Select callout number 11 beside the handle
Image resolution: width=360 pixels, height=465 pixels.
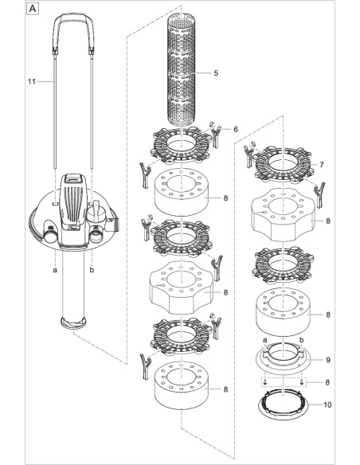[x=33, y=81]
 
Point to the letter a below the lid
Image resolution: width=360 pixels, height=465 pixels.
[x=54, y=270]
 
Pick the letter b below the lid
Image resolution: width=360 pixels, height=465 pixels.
[x=92, y=270]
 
